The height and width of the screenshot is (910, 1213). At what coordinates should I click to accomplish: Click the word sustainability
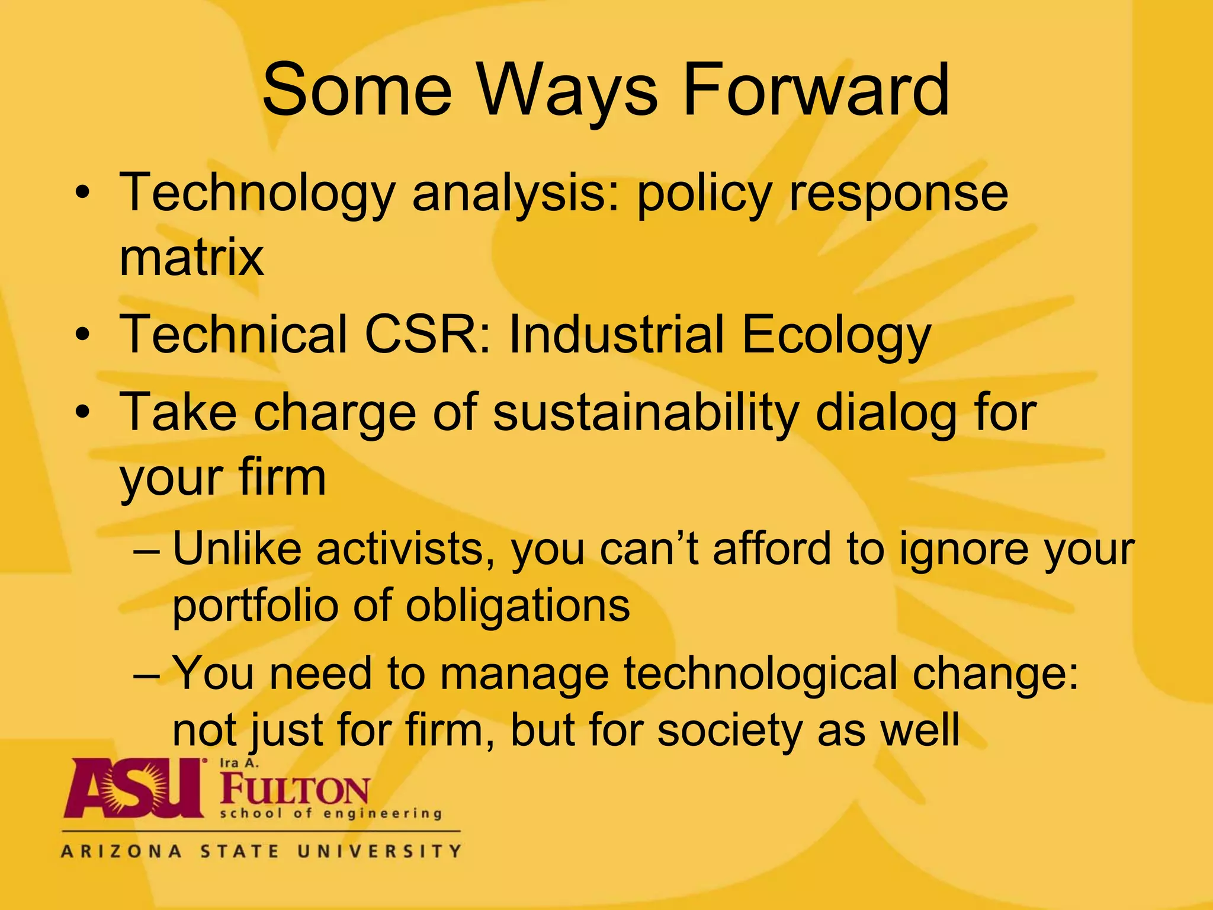[646, 413]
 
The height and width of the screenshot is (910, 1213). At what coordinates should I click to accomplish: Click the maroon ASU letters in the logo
[133, 789]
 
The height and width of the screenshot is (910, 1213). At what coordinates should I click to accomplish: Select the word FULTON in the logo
[295, 790]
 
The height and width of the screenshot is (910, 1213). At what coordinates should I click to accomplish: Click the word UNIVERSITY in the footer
[379, 852]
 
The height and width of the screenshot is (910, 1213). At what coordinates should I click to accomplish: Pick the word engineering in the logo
[383, 814]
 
